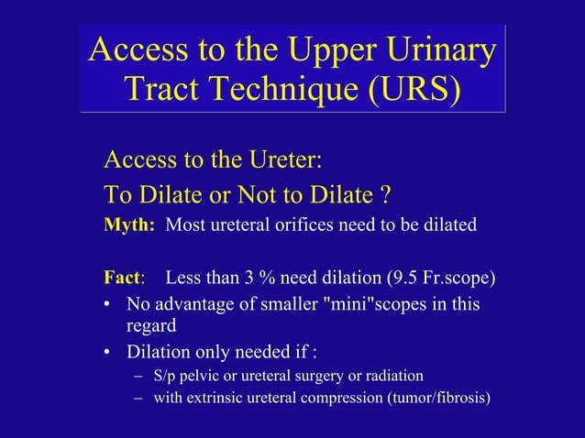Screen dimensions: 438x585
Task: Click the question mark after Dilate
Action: coord(386,195)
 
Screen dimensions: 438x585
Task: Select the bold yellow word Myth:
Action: coord(129,224)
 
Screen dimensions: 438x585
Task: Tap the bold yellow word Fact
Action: coord(122,278)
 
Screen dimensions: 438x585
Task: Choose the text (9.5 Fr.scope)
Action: coord(443,278)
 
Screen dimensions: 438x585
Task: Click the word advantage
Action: coord(194,303)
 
